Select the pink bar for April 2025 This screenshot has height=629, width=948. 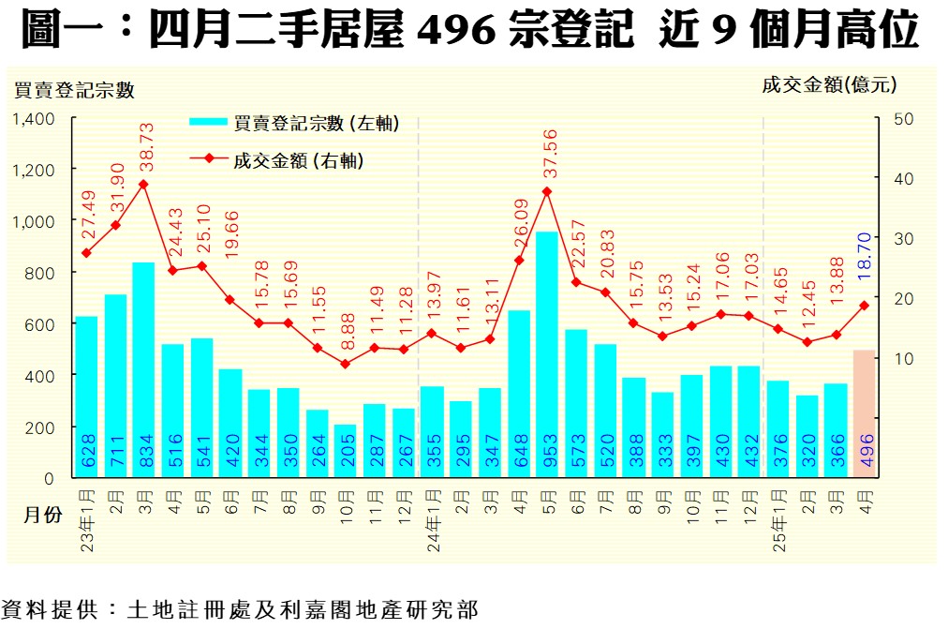click(864, 413)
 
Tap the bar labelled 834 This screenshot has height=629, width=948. click(143, 369)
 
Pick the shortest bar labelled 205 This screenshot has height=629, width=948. click(346, 451)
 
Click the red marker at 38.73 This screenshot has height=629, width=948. click(143, 184)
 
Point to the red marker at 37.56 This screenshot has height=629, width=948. click(547, 191)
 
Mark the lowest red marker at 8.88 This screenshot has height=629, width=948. click(346, 364)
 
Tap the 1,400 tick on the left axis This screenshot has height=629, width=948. click(35, 119)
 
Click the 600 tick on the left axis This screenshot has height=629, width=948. click(42, 324)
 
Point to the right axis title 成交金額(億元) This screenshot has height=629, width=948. click(829, 85)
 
